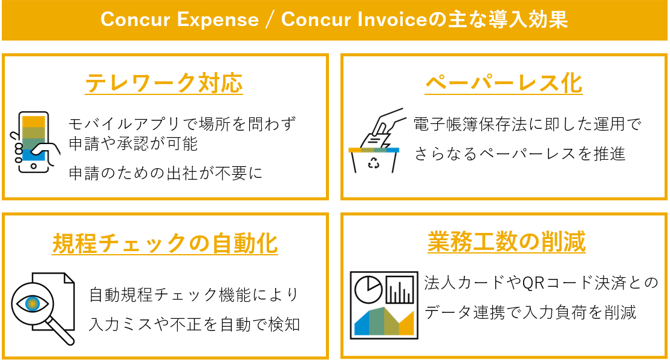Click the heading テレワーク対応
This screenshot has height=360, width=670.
(164, 83)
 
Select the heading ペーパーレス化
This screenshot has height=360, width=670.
(504, 83)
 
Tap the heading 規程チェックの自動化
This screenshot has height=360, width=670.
(164, 243)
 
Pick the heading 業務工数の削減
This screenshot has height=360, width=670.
(506, 242)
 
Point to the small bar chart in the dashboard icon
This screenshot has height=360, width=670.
(399, 290)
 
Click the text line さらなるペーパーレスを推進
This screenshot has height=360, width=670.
(519, 154)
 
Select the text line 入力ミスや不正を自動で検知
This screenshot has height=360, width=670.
(194, 324)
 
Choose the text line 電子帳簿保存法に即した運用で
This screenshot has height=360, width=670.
(527, 125)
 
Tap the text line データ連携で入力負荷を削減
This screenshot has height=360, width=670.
(530, 312)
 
